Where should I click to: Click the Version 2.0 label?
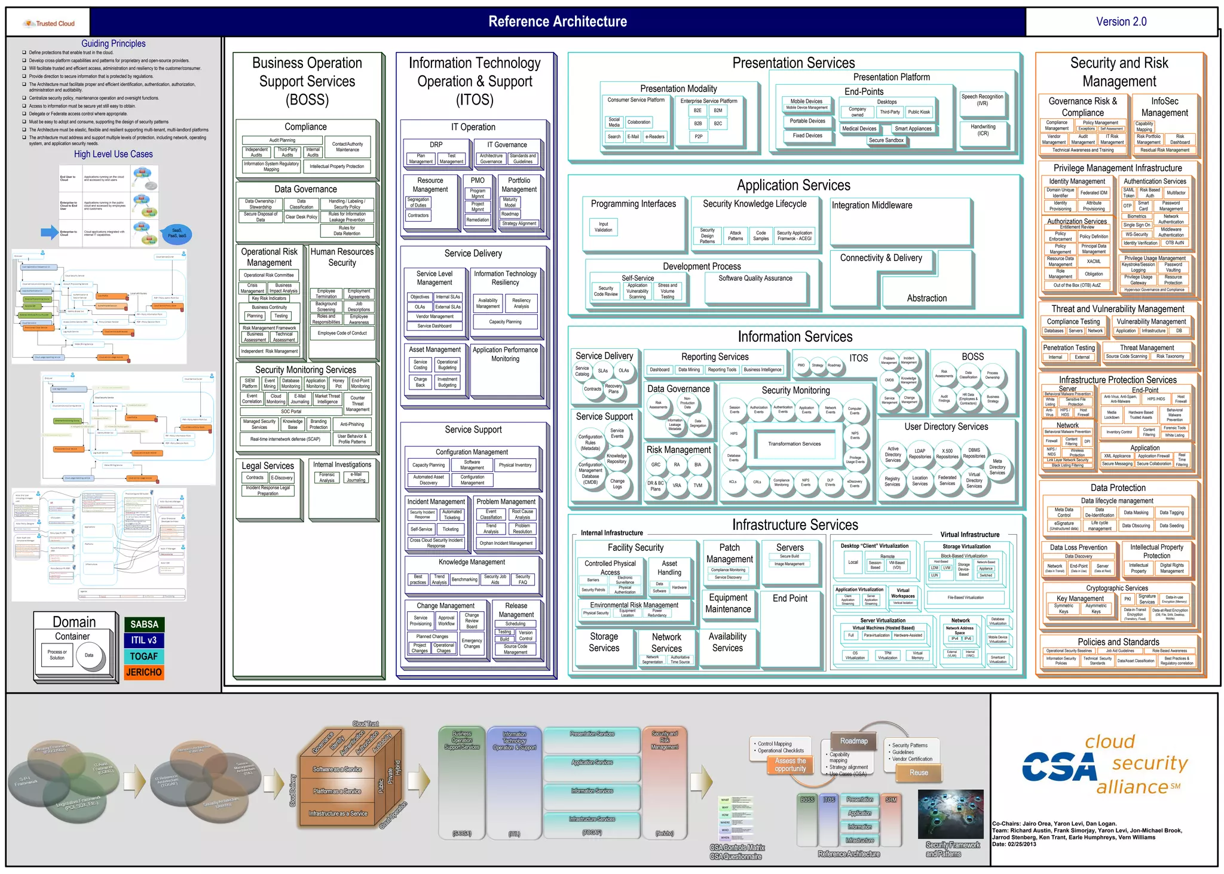1121,22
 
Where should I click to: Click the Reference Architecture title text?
558,22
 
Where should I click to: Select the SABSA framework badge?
144,624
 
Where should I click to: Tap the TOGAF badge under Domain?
144,656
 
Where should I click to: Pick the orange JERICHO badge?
144,672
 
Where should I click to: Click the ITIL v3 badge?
144,640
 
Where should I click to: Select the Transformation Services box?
794,444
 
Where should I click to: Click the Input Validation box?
603,227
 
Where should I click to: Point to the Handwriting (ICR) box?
983,130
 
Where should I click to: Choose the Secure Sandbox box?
886,140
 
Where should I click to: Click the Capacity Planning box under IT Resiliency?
505,322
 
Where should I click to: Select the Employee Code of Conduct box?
342,333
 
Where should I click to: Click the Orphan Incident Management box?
506,543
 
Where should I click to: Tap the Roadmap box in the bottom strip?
853,741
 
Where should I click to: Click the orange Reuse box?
919,772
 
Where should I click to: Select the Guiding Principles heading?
114,44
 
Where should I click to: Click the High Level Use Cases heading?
114,154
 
